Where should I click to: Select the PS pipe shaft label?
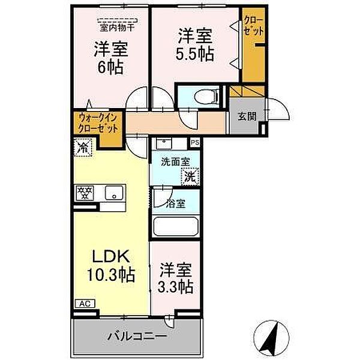[x=194, y=143]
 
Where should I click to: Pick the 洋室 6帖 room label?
[x=110, y=58]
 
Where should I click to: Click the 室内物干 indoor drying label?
[x=116, y=26]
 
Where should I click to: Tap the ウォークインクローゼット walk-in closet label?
[x=96, y=124]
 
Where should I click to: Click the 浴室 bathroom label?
[x=176, y=203]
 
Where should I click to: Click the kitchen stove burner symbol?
[x=85, y=193]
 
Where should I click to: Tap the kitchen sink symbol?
[x=112, y=193]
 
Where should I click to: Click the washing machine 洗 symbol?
[x=190, y=177]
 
